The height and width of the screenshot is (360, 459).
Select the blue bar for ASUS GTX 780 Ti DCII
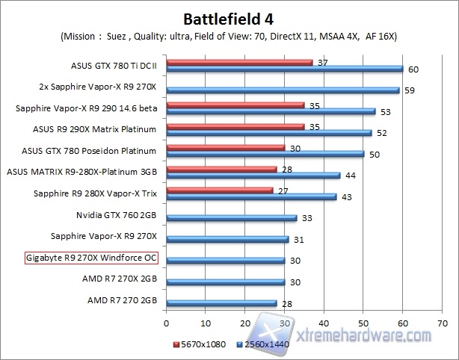[284, 69]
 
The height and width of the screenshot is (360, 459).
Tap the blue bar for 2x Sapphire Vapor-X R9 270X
[283, 90]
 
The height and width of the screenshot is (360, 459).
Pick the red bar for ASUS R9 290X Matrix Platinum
[235, 127]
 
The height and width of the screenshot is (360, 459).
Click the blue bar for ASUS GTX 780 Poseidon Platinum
[265, 154]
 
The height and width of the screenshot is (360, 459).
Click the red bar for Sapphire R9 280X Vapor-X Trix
[220, 190]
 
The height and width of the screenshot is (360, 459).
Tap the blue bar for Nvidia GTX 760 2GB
[232, 218]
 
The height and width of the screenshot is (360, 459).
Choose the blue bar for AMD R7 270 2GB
[221, 303]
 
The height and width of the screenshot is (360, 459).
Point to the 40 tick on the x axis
[324, 324]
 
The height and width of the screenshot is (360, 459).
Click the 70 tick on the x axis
[442, 324]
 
